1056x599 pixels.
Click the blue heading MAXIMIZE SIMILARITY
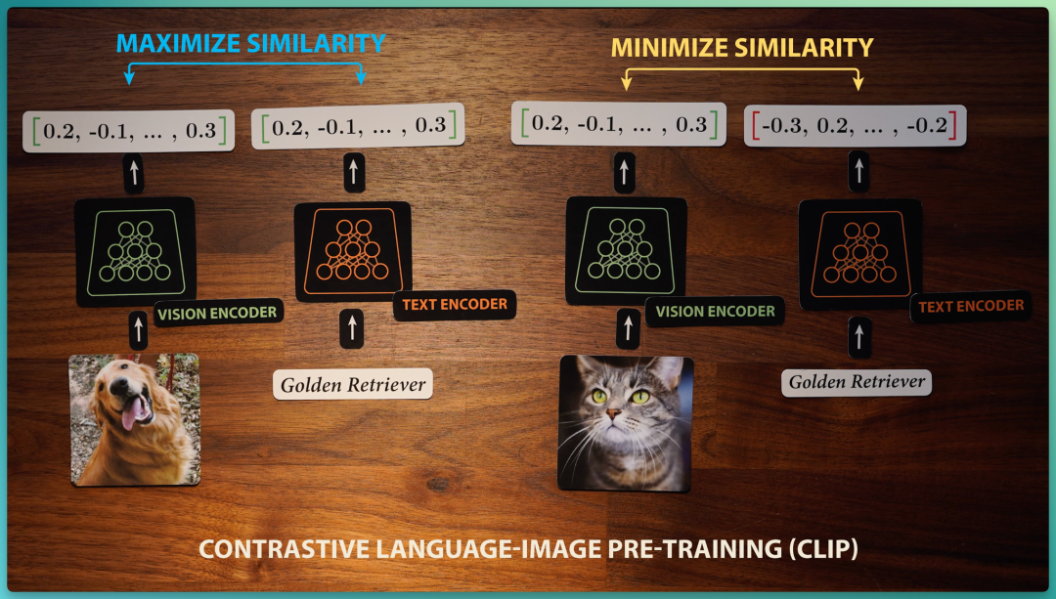click(250, 43)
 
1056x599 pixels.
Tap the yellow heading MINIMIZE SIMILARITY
click(742, 48)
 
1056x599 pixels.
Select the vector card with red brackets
click(855, 125)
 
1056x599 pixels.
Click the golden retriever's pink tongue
click(132, 411)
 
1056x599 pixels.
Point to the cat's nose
click(613, 413)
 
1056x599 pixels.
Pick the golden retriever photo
click(135, 419)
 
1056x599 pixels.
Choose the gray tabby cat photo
click(626, 423)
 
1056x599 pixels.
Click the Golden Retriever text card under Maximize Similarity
click(353, 384)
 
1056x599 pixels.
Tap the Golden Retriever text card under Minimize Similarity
click(857, 382)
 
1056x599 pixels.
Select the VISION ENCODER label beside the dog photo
click(217, 313)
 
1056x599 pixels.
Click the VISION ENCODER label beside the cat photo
click(715, 312)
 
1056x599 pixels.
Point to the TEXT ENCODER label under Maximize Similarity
click(455, 305)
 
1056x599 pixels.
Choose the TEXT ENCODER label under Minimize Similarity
click(971, 306)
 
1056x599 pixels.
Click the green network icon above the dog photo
click(135, 252)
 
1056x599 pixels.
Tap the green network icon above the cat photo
click(626, 250)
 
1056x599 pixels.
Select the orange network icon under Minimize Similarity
click(859, 254)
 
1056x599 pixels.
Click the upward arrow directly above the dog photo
click(138, 329)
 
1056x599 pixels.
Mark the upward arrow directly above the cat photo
click(628, 328)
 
